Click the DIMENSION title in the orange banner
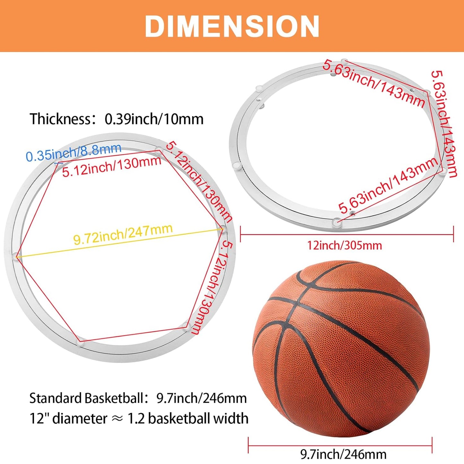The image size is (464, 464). point(232,26)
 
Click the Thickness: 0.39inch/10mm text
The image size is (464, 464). point(117,119)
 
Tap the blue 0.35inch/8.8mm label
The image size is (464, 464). point(74,152)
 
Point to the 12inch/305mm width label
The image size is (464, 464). point(345,246)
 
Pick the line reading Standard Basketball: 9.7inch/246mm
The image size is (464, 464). point(138,398)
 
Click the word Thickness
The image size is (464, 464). point(60,119)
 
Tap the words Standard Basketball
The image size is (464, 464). point(86,398)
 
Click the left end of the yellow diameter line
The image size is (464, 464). point(16,257)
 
